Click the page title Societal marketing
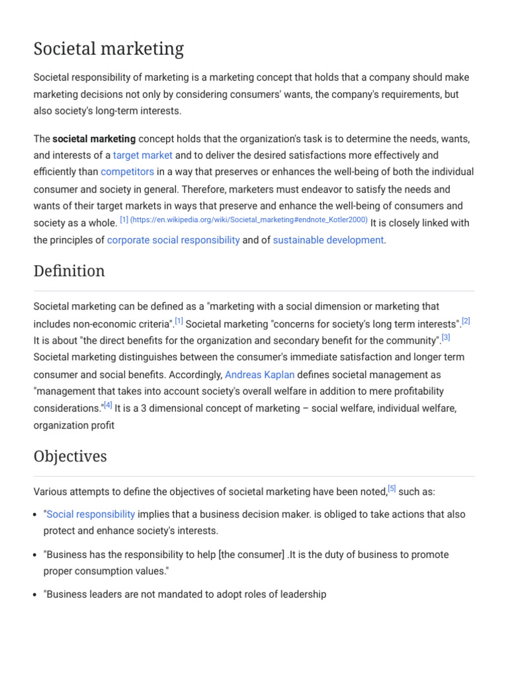pyautogui.click(x=108, y=49)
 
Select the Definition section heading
pyautogui.click(x=69, y=271)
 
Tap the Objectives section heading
pyautogui.click(x=69, y=456)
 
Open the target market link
pyautogui.click(x=142, y=155)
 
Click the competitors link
pyautogui.click(x=127, y=172)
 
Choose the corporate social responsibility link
pyautogui.click(x=173, y=240)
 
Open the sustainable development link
pyautogui.click(x=328, y=240)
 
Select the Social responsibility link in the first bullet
pyautogui.click(x=91, y=514)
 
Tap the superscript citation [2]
pyautogui.click(x=466, y=321)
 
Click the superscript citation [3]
pyautogui.click(x=446, y=337)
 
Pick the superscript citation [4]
pyautogui.click(x=108, y=405)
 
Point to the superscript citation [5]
pyautogui.click(x=392, y=489)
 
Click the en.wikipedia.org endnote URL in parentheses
pyautogui.click(x=249, y=220)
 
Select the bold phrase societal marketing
pyautogui.click(x=94, y=139)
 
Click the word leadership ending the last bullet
pyautogui.click(x=303, y=594)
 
